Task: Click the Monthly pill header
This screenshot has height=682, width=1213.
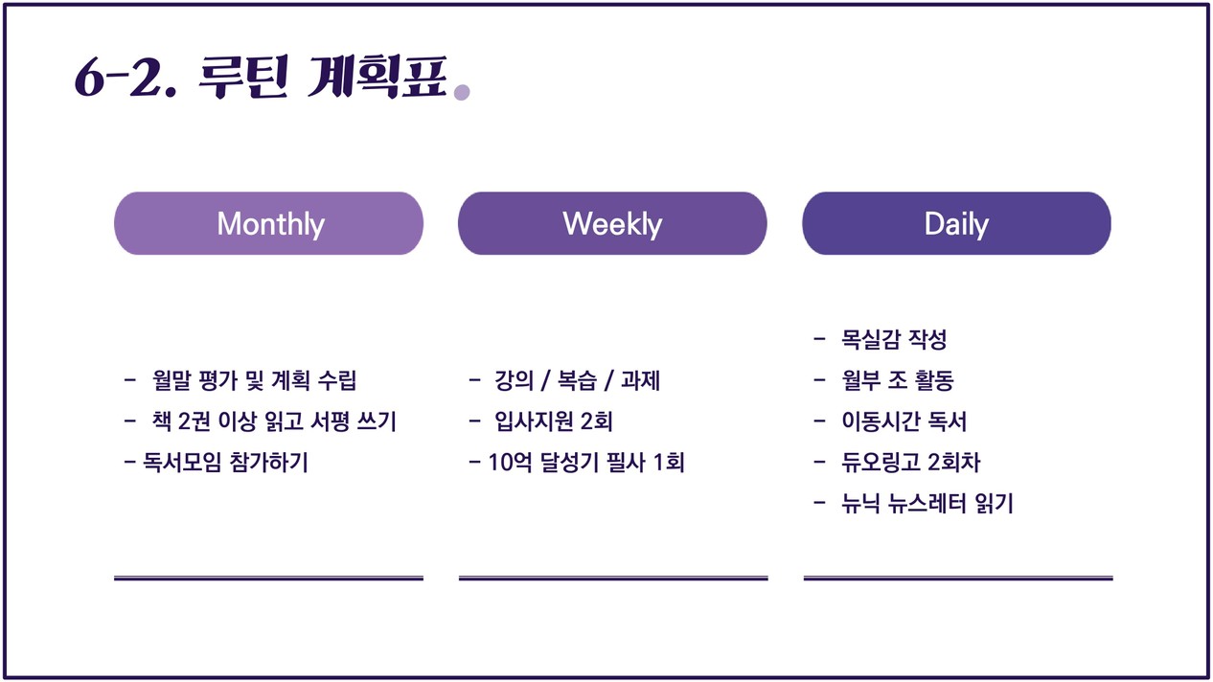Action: (268, 223)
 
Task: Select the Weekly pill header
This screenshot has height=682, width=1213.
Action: (612, 223)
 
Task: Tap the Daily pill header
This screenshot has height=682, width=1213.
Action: (957, 223)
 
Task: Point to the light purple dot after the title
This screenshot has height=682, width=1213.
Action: (462, 93)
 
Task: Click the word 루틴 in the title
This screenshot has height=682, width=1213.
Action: (242, 77)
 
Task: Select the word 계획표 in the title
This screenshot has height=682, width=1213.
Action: (378, 77)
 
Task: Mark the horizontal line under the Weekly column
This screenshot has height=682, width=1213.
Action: (613, 579)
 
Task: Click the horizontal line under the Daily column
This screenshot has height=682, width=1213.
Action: (958, 579)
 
